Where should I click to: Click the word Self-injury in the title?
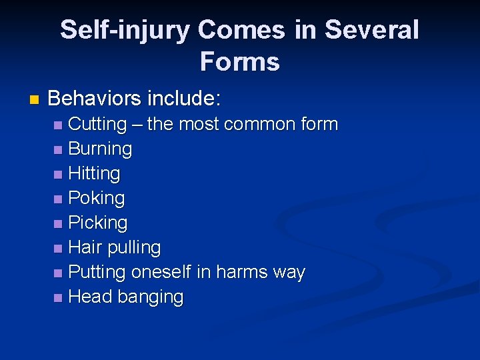tap(125, 30)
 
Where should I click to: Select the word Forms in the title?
tap(239, 62)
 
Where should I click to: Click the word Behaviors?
tap(95, 99)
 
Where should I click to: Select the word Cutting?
tap(97, 124)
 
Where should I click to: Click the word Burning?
tap(100, 149)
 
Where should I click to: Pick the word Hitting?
tap(94, 173)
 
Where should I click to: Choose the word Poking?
tap(97, 198)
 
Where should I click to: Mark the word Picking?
tap(98, 223)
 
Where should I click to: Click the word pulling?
tap(134, 247)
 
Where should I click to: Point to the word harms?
tap(242, 272)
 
